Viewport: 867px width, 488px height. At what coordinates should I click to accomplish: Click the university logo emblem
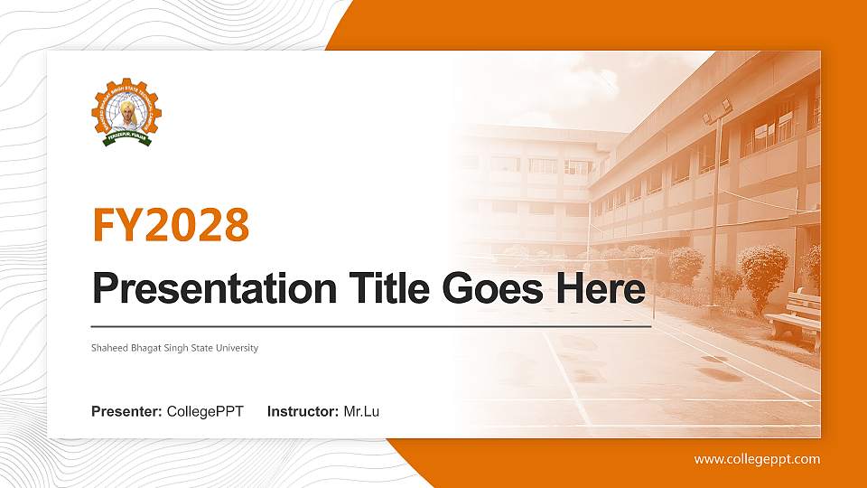click(x=126, y=113)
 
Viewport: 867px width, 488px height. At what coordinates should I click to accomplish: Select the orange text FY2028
click(x=171, y=225)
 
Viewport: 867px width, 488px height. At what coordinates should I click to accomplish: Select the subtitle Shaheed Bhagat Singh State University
click(x=174, y=348)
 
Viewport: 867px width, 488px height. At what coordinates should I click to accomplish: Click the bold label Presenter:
click(x=126, y=412)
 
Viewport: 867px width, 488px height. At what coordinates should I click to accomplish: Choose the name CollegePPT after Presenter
click(x=205, y=412)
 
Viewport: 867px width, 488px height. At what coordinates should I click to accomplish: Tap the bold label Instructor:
click(x=303, y=412)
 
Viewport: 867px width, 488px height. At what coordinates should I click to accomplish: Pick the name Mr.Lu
click(x=361, y=412)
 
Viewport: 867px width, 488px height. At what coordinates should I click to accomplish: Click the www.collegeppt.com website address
click(x=757, y=459)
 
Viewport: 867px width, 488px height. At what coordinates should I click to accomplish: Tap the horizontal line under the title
click(x=371, y=325)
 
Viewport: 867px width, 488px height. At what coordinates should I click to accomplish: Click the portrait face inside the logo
click(x=126, y=110)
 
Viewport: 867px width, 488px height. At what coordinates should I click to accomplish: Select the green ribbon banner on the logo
click(x=126, y=138)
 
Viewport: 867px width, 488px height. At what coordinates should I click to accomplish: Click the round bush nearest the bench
click(x=762, y=271)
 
